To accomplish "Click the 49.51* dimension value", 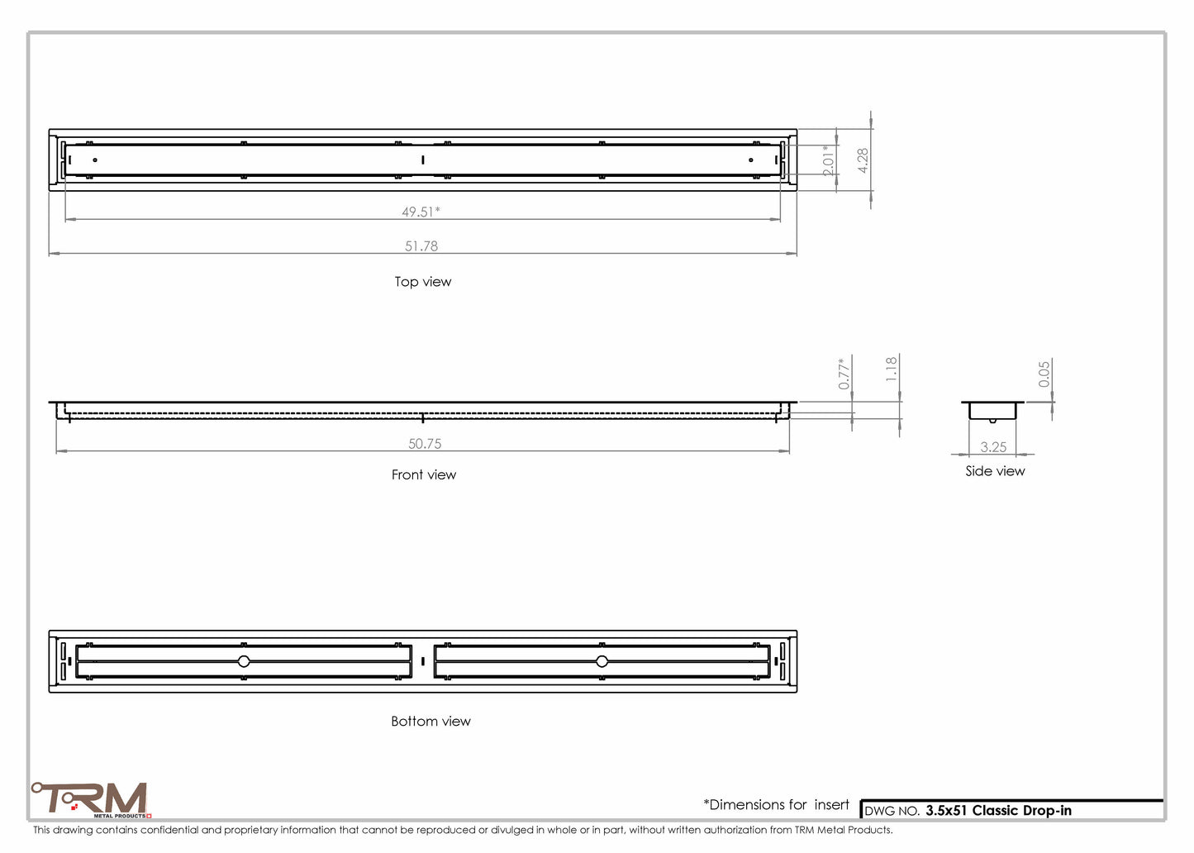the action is point(421,212).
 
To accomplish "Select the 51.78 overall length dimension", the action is point(421,245).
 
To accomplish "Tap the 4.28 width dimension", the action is point(863,160).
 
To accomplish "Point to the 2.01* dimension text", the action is point(828,160).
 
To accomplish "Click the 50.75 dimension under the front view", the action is point(424,444).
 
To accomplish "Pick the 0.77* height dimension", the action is point(844,374).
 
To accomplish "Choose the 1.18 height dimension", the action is point(892,369).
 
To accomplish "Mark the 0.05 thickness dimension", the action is point(1044,374).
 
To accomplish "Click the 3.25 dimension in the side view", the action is point(993,447).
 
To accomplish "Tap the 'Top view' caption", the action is point(423,282).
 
